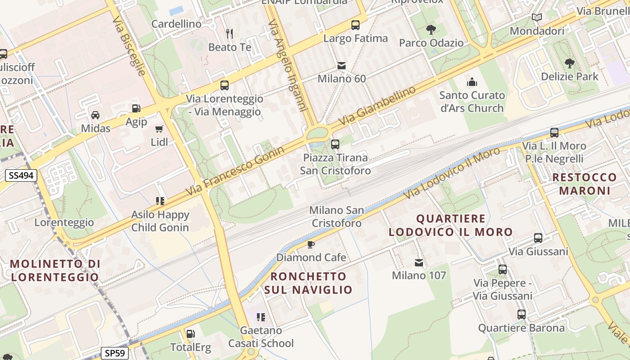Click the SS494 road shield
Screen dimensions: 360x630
(21, 175)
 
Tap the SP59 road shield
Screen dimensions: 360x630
(114, 353)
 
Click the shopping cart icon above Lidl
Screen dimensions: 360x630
(159, 129)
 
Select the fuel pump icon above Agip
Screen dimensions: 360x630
(136, 108)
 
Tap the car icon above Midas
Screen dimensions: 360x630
(95, 115)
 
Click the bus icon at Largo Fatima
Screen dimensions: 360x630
(355, 25)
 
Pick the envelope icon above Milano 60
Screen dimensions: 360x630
(342, 66)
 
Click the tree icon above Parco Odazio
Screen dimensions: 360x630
(431, 30)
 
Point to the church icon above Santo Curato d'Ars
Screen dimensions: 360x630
(472, 82)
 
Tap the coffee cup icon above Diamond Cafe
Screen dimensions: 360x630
(310, 244)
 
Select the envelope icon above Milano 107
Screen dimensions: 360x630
(419, 262)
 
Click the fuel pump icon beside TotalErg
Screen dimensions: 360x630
(190, 334)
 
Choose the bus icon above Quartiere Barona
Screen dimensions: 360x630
(521, 315)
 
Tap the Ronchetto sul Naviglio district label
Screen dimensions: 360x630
(308, 283)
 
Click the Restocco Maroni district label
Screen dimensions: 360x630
(584, 184)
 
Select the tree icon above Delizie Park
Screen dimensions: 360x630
(569, 63)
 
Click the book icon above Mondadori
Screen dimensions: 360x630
(536, 18)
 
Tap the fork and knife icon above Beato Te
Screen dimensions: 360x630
(229, 33)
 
